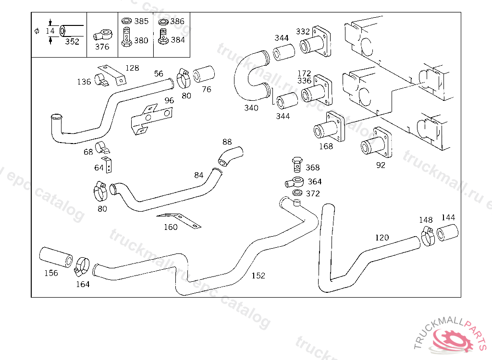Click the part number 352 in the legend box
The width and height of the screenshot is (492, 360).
[x=72, y=42]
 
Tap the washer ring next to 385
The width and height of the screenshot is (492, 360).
[x=127, y=22]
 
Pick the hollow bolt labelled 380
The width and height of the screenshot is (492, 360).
[x=127, y=37]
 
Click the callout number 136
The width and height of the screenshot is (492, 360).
[x=84, y=82]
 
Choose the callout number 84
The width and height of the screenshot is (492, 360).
[x=199, y=175]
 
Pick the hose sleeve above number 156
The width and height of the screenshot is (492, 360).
[x=56, y=256]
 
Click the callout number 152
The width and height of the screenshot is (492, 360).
[x=258, y=276]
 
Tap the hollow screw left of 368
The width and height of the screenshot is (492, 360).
[x=297, y=164]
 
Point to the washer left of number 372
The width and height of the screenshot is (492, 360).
[x=297, y=193]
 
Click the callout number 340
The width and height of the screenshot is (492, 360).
[x=251, y=108]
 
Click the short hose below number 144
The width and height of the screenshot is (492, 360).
[x=447, y=233]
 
